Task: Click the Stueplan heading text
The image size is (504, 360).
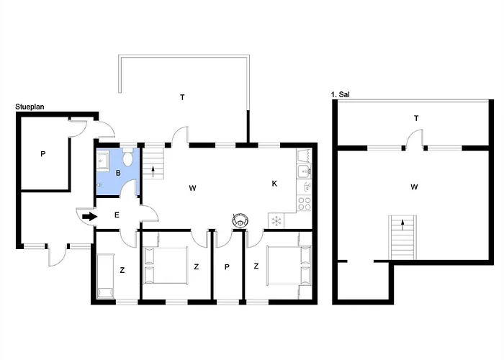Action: click(30, 107)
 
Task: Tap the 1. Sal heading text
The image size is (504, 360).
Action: click(340, 94)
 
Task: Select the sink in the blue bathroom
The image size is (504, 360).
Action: click(103, 160)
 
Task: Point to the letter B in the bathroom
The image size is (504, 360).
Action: click(118, 173)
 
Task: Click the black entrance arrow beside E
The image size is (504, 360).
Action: click(90, 216)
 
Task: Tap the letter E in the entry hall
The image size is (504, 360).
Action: click(117, 215)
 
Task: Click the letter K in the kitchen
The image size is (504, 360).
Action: click(274, 184)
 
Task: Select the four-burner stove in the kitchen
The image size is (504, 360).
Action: click(304, 203)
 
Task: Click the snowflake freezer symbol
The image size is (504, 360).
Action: click(276, 221)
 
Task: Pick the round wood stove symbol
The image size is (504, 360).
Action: click(240, 220)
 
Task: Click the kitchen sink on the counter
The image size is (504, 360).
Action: click(304, 171)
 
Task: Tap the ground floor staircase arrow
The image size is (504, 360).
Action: click(153, 171)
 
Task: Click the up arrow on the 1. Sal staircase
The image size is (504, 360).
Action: click(402, 225)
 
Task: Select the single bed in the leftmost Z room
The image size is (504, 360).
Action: click(105, 276)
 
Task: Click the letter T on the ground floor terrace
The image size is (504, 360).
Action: click(182, 97)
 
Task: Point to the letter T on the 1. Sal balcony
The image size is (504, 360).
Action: click(416, 119)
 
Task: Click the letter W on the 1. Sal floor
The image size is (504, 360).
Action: click(414, 186)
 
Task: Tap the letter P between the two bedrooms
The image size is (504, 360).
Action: click(227, 267)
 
